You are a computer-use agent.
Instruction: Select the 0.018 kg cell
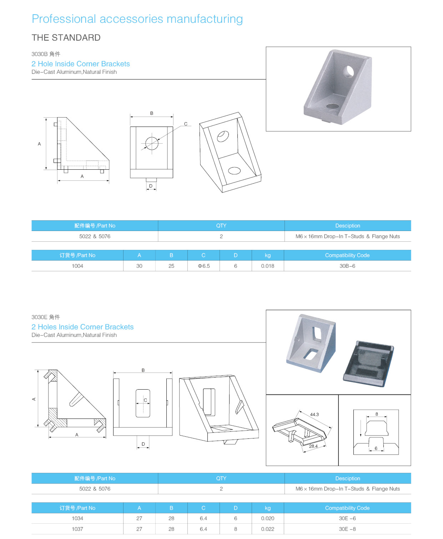pos(267,266)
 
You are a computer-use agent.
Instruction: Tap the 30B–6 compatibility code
pos(347,266)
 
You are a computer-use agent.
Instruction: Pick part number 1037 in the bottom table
pos(77,529)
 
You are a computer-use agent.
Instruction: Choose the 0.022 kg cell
pos(267,529)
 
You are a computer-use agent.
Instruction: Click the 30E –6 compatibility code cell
pos(347,518)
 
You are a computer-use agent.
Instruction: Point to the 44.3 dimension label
pos(314,414)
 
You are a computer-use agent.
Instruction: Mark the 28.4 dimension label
pos(313,446)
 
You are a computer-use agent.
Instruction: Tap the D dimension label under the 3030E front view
pos(143,444)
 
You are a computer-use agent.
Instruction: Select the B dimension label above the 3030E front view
pos(143,370)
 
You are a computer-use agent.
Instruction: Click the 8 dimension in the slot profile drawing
pos(377,414)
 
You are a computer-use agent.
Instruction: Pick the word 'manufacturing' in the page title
pos(205,19)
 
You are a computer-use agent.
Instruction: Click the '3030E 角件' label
pos(46,317)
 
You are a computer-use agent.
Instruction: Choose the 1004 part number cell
pos(77,266)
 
